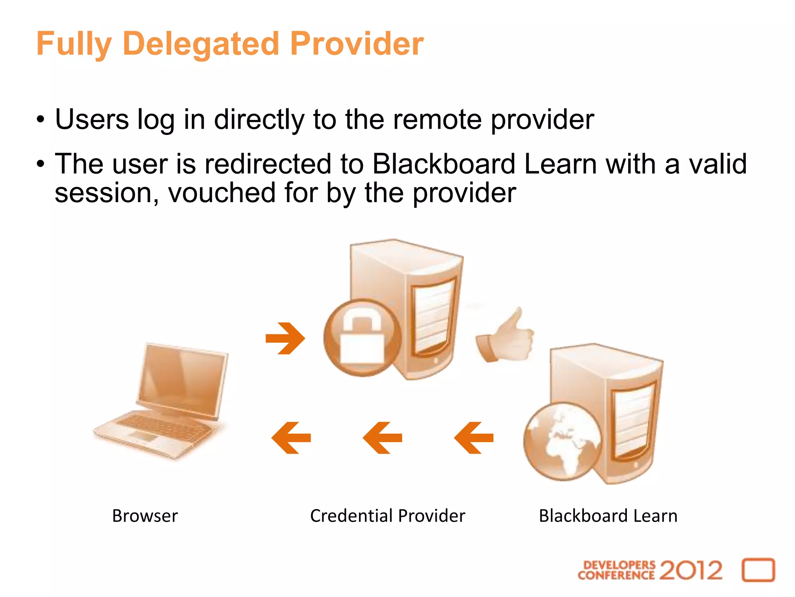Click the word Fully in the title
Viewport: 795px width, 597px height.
(x=74, y=44)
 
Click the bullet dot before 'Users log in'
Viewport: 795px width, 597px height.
(x=41, y=120)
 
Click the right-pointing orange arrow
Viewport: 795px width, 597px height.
(x=285, y=338)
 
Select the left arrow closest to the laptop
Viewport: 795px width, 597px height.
(x=291, y=438)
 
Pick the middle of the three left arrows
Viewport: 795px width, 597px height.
(x=382, y=438)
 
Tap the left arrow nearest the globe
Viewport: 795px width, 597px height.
(x=474, y=438)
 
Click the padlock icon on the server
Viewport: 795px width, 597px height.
(x=362, y=337)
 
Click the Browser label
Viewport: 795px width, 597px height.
(x=145, y=516)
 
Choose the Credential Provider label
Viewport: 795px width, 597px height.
(x=387, y=516)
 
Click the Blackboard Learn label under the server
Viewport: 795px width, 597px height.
(x=608, y=516)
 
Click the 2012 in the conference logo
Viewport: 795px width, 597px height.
(x=691, y=570)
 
